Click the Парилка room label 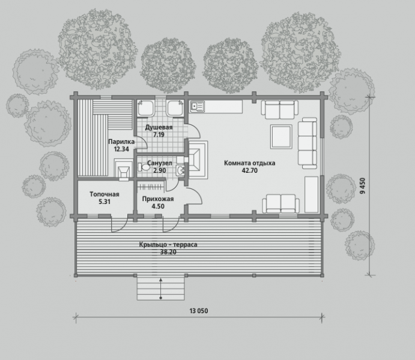click(x=121, y=142)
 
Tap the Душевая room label click(x=159, y=127)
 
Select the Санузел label click(x=160, y=163)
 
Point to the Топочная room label click(x=105, y=194)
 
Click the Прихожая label click(x=158, y=199)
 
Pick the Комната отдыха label click(x=250, y=163)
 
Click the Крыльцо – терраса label click(x=168, y=244)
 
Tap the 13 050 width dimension click(x=199, y=311)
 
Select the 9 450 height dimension click(x=363, y=186)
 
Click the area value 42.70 click(x=250, y=170)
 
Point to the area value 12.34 click(x=121, y=149)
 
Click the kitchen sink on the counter click(x=197, y=106)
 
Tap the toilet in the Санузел click(x=143, y=167)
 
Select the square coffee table click(x=281, y=137)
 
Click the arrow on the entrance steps click(x=160, y=289)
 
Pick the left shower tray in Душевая click(x=145, y=108)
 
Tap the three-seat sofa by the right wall click(x=307, y=143)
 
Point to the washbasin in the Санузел click(x=181, y=170)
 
